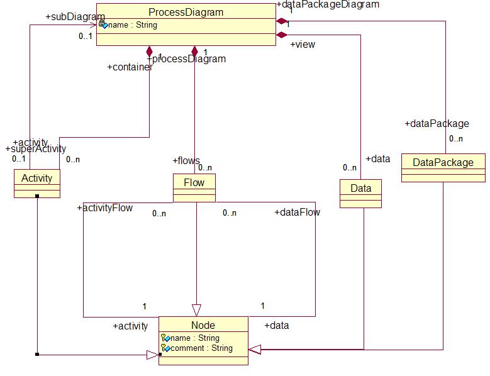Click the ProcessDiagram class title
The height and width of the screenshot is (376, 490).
click(x=186, y=12)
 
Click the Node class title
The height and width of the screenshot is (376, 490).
click(x=203, y=325)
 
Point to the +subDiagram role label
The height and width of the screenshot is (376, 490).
click(x=75, y=16)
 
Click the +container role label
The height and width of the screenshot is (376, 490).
click(x=130, y=67)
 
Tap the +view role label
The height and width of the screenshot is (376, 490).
click(x=303, y=45)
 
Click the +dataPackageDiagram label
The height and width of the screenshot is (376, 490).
click(x=328, y=4)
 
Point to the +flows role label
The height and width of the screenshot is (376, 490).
click(x=186, y=161)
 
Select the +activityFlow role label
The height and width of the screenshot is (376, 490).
click(x=105, y=208)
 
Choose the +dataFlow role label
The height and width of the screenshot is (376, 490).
click(x=297, y=213)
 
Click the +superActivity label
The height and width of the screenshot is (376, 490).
click(x=35, y=149)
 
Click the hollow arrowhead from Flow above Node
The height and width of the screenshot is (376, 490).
click(x=196, y=309)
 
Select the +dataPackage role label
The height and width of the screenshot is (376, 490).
click(x=436, y=124)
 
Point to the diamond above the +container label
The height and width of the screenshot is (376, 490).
click(x=149, y=50)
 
